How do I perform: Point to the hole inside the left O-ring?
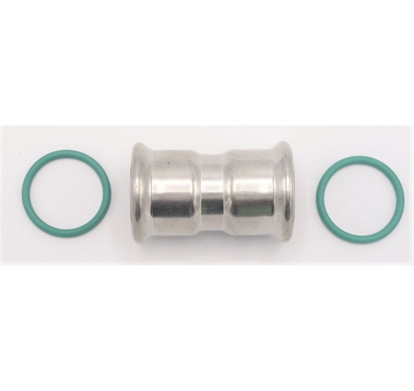coord(67,195)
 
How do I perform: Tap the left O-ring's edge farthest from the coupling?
coord(25,195)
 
